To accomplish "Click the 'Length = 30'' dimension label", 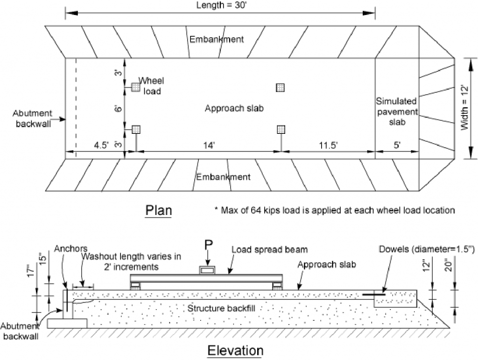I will (220, 5).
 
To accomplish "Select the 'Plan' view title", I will (159, 210).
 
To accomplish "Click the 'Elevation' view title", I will (235, 350).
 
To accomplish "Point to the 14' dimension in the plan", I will (208, 145).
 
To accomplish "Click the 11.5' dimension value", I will (328, 145).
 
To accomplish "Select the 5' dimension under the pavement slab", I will (397, 145).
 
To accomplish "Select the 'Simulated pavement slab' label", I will (396, 111).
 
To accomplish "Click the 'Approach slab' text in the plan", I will (234, 108).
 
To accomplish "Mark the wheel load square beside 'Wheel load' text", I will (135, 87).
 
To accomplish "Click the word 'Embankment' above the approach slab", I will (216, 39).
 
